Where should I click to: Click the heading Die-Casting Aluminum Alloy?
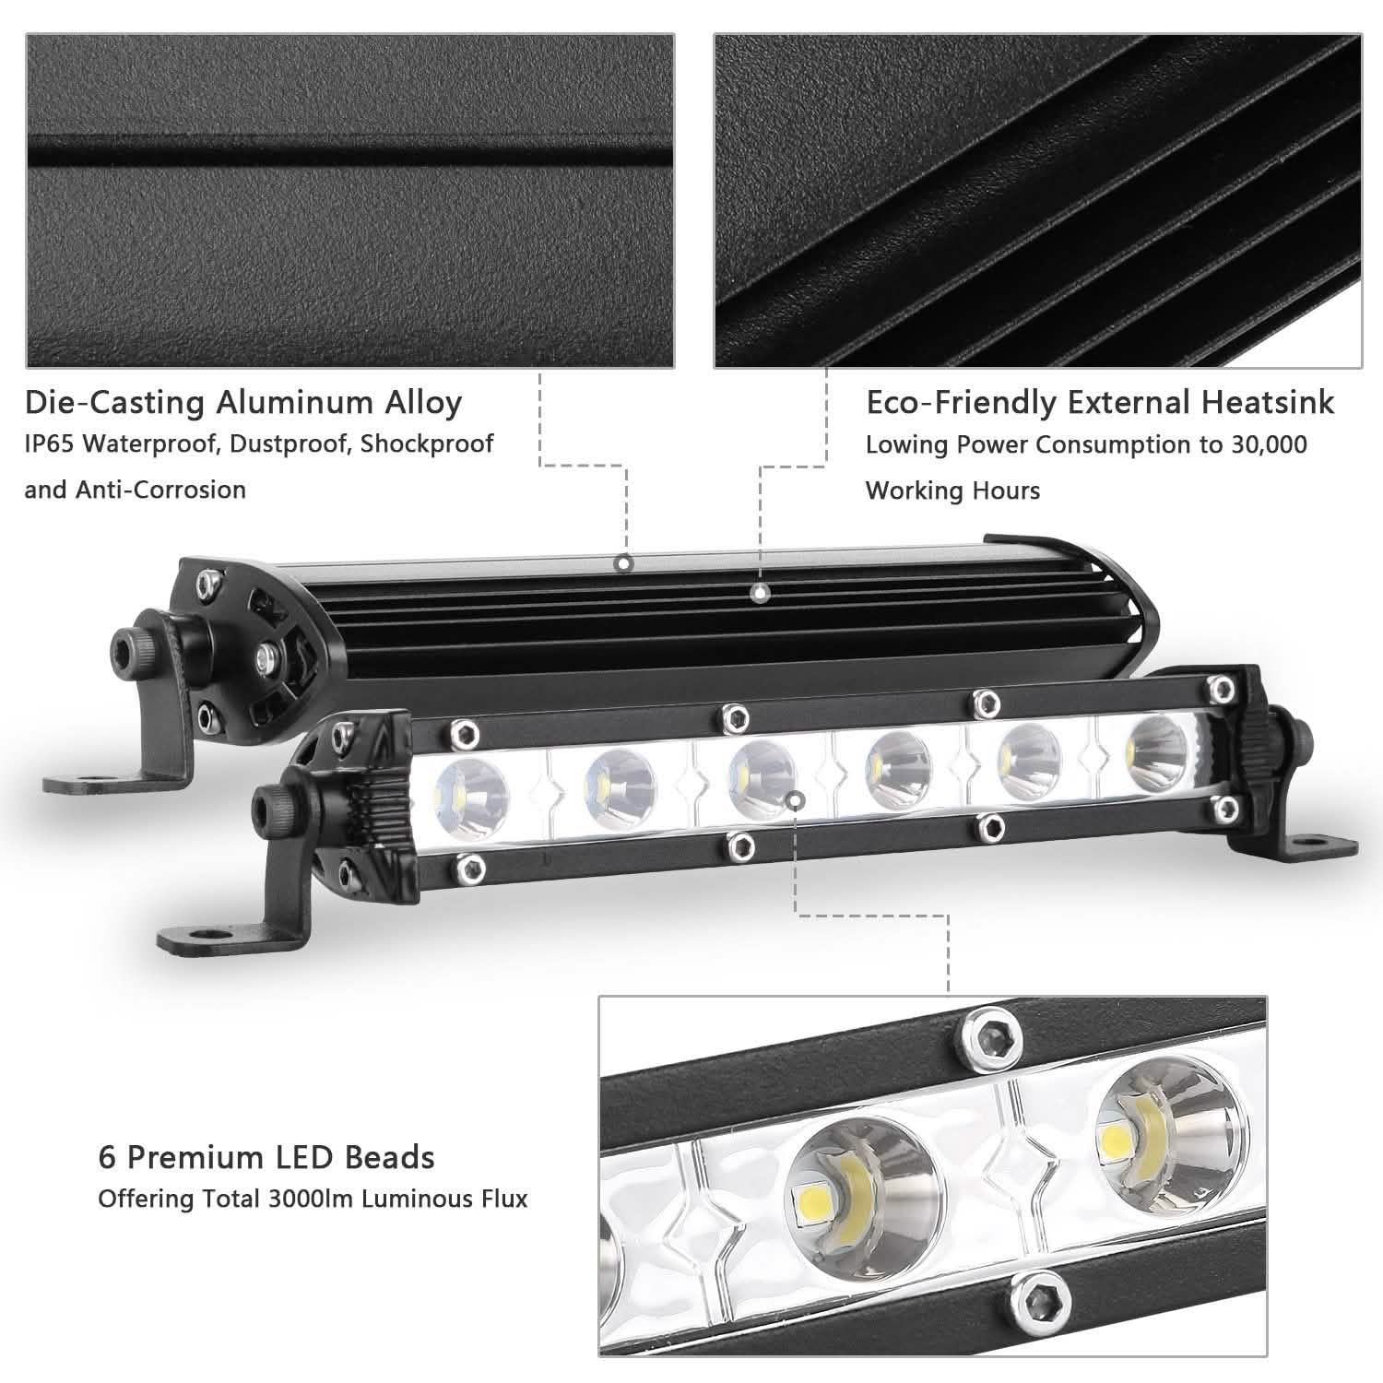point(243,403)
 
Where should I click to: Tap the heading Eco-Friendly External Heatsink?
point(1099,403)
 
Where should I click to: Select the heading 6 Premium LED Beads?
point(266,1156)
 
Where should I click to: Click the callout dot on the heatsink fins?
point(760,594)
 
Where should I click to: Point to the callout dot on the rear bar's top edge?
point(624,562)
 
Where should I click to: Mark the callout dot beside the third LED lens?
point(798,799)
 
